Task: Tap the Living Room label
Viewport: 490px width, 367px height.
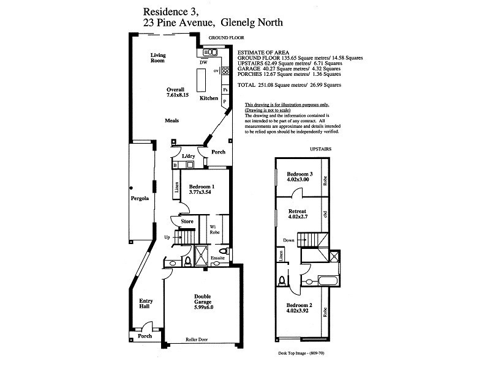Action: [x=159, y=58]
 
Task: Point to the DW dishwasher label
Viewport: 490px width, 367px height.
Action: [x=202, y=62]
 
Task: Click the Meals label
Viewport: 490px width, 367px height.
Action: [x=172, y=120]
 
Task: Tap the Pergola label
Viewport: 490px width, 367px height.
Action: [x=140, y=199]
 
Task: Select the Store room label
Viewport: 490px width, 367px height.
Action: [x=187, y=221]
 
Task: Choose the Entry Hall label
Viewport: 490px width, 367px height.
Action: [x=146, y=305]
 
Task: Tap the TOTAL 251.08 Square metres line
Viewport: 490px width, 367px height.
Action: [x=288, y=85]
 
